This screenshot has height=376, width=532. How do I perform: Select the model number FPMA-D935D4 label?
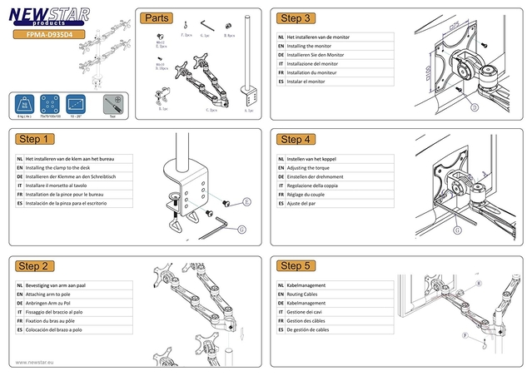(x=50, y=36)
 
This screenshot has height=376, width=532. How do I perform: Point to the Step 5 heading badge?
(x=296, y=265)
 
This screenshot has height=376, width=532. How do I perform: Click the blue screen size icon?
(x=77, y=104)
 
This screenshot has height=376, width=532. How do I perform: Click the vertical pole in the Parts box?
(x=247, y=58)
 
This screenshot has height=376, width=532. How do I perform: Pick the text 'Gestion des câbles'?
(x=312, y=319)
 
